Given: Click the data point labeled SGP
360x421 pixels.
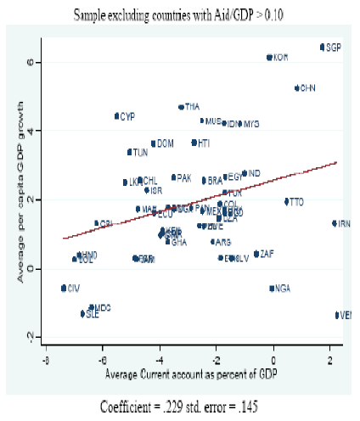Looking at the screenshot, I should (323, 48).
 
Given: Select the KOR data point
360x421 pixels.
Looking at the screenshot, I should (269, 58).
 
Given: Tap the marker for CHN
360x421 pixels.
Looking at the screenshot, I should (297, 88).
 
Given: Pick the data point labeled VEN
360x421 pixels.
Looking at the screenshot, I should (338, 315).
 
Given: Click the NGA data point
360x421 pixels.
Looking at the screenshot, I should (273, 289).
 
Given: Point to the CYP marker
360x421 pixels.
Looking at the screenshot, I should (117, 116).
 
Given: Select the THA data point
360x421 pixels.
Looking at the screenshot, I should (181, 107).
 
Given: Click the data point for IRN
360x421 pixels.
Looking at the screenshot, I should (335, 223).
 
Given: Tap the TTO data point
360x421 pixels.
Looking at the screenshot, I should (287, 202).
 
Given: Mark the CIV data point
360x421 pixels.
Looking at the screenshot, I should (64, 289).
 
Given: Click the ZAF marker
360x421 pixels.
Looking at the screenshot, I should (256, 254).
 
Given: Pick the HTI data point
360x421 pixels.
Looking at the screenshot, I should (194, 143).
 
